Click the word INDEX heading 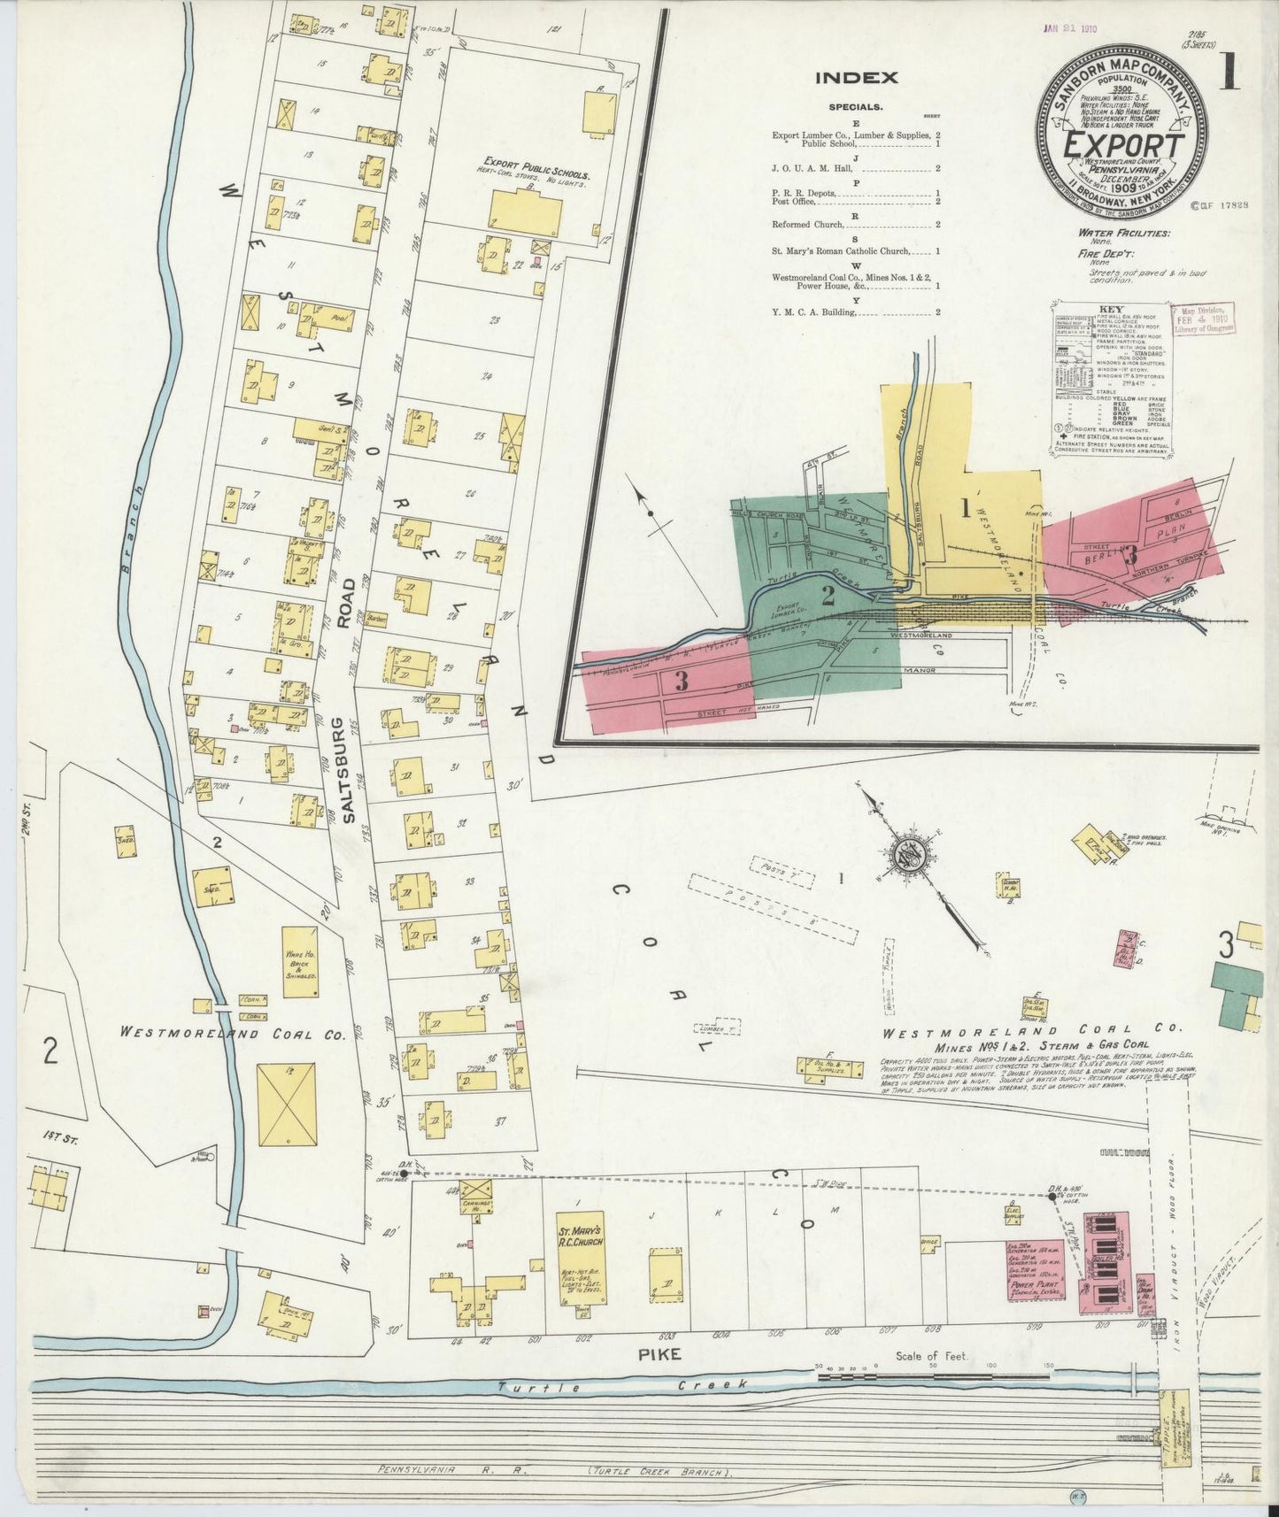(x=856, y=77)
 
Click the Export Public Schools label (x=535, y=166)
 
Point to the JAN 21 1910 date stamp (x=1067, y=29)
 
